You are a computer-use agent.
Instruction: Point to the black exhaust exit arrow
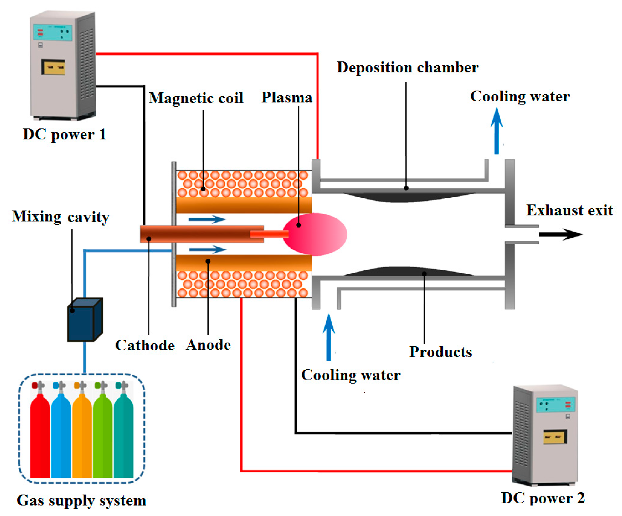pyautogui.click(x=560, y=235)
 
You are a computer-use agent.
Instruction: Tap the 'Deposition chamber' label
pyautogui.click(x=407, y=68)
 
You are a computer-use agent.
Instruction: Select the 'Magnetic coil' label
pyautogui.click(x=196, y=98)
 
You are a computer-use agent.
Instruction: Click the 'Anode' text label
pyautogui.click(x=208, y=345)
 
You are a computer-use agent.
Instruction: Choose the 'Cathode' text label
pyautogui.click(x=145, y=345)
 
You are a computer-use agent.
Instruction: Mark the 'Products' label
pyautogui.click(x=440, y=352)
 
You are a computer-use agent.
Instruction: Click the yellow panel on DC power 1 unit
pyautogui.click(x=53, y=67)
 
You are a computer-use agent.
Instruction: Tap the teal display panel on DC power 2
pyautogui.click(x=555, y=405)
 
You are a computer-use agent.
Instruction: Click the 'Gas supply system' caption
pyautogui.click(x=82, y=501)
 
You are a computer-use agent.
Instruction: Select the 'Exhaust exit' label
pyautogui.click(x=569, y=210)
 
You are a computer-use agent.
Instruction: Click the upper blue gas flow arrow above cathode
pyautogui.click(x=207, y=219)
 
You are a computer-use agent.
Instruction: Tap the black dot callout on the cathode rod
pyautogui.click(x=149, y=239)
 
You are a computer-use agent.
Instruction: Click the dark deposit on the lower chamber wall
pyautogui.click(x=409, y=271)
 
